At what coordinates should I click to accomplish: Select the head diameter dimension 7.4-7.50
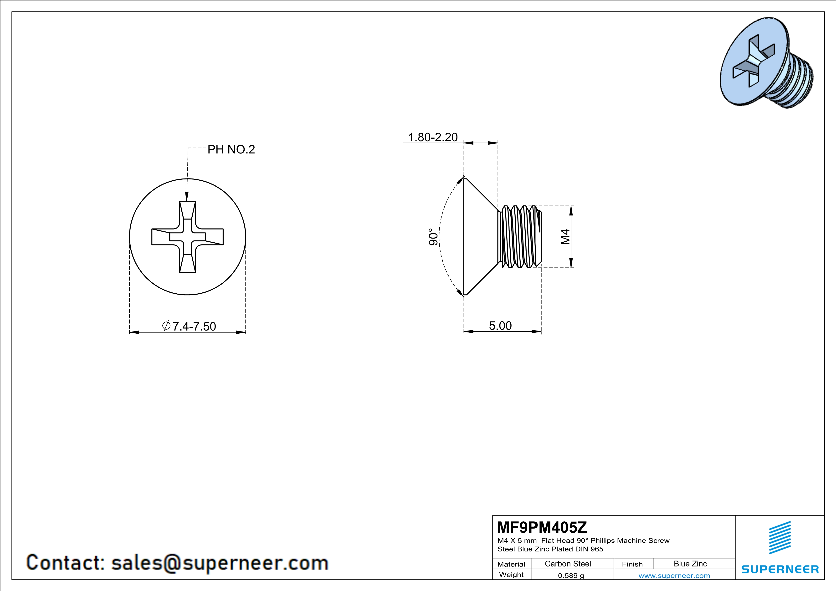[x=189, y=326]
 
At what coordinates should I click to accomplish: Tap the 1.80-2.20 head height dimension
[x=433, y=137]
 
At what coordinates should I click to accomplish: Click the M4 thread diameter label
[x=565, y=237]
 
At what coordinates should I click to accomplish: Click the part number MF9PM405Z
[x=542, y=527]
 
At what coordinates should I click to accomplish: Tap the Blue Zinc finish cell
[x=690, y=564]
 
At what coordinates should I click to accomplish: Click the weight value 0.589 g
[x=571, y=575]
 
